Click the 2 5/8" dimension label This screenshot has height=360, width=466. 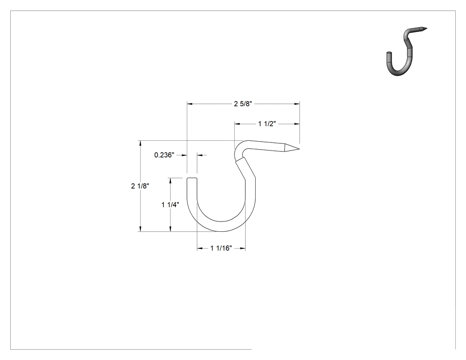(x=243, y=104)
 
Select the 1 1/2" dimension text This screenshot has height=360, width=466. (x=267, y=124)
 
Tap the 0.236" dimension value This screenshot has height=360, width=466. (x=164, y=155)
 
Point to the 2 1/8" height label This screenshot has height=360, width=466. (x=140, y=186)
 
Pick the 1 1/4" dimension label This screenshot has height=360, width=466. (x=170, y=205)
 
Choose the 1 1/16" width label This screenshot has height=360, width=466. (x=221, y=248)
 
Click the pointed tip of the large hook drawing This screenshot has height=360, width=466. (x=299, y=149)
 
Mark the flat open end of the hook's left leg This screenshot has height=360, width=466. (x=192, y=178)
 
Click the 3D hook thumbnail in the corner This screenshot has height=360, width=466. (x=407, y=51)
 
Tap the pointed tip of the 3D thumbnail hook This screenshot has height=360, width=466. (x=427, y=28)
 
